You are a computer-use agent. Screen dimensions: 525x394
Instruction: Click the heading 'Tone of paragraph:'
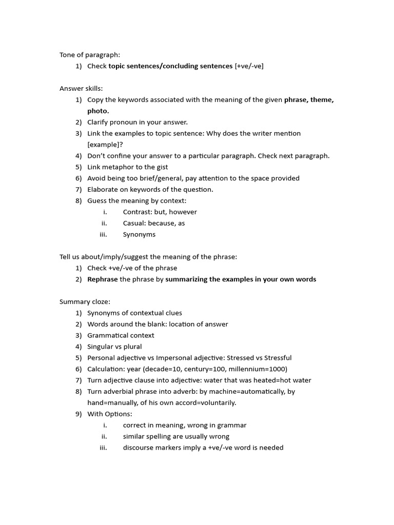[x=90, y=55]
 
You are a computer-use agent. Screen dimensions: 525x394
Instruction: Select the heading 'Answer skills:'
[x=81, y=89]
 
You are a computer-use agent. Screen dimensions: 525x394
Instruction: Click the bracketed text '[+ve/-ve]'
[x=249, y=66]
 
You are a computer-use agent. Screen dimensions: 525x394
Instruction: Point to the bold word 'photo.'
[x=98, y=111]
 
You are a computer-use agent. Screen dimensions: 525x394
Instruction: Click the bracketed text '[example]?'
[x=105, y=145]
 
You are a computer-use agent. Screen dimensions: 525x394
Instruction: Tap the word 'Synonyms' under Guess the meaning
[x=139, y=234]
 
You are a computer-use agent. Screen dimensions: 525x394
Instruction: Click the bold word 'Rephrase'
[x=103, y=279]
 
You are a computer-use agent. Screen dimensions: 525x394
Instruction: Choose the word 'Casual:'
[x=135, y=223]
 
